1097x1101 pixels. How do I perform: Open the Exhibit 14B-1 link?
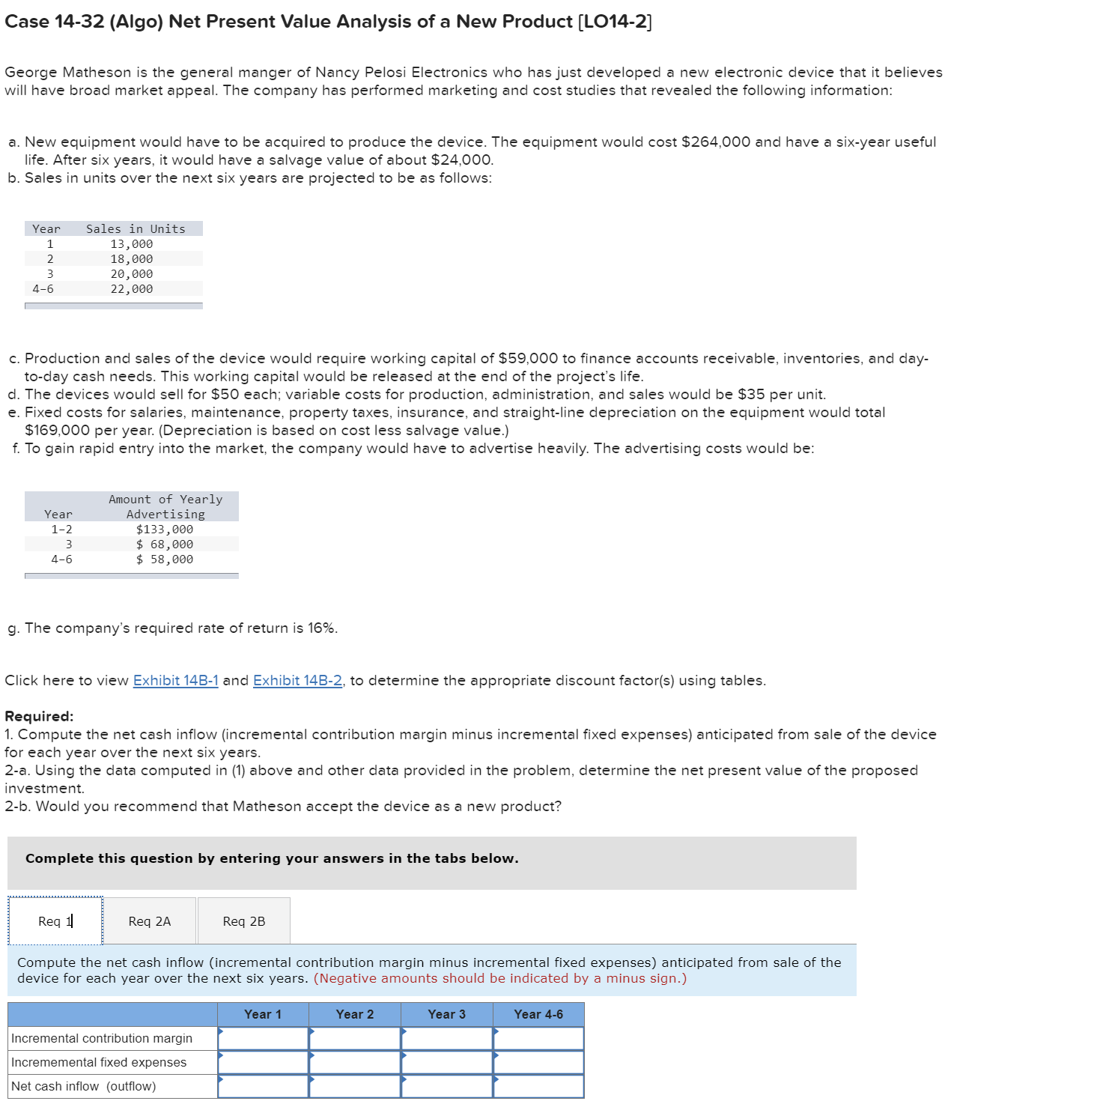point(175,681)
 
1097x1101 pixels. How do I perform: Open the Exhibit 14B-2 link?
point(297,681)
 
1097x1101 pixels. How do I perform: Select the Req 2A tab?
point(150,921)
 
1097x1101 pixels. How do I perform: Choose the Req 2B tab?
point(244,921)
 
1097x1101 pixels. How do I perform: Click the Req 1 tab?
point(55,921)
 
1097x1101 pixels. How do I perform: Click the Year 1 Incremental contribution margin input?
point(264,1038)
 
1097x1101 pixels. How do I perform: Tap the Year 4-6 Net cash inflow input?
point(538,1086)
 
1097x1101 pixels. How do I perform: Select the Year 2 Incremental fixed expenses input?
point(355,1062)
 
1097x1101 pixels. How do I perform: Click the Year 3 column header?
point(446,1014)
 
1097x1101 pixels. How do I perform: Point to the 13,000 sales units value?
point(132,244)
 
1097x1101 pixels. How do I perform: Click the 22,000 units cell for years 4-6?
point(132,289)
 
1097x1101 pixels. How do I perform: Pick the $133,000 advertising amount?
point(165,530)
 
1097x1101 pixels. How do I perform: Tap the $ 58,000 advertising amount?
point(165,559)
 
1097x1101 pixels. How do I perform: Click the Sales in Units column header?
point(136,229)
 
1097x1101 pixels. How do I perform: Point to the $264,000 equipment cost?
point(716,142)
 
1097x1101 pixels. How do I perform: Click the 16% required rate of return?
point(321,628)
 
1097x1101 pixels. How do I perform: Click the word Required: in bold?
point(39,716)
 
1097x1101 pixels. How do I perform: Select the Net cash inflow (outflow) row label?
point(84,1086)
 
